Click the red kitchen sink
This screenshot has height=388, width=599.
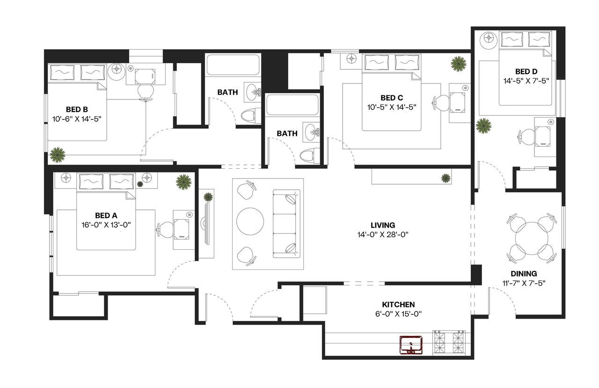411,344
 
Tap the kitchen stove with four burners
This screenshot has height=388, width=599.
449,342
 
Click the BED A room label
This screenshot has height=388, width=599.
105,216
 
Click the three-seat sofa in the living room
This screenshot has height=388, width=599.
286,224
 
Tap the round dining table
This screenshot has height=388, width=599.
531,238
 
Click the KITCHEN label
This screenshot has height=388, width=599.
398,305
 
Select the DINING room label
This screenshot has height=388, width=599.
524,274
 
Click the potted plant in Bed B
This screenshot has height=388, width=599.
57,155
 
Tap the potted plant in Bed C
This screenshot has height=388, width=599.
459,63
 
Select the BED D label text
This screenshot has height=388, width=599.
526,72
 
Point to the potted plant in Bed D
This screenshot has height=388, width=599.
483,126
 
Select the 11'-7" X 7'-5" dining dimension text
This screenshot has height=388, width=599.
524,283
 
